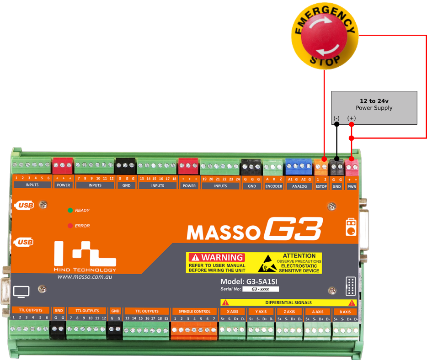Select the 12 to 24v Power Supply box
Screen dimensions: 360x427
coord(374,107)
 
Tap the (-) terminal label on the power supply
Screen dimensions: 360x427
coord(336,118)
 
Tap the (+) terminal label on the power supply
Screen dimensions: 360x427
coord(351,118)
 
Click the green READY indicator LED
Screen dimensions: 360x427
coord(70,210)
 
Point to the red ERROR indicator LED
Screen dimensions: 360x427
coord(70,226)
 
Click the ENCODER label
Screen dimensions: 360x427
coord(273,186)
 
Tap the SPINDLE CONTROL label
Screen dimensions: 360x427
coord(194,311)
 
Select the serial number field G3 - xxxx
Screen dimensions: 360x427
coord(260,289)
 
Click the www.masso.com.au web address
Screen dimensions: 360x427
coord(85,277)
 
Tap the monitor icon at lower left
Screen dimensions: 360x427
coord(21,291)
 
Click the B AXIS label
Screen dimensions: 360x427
coord(345,311)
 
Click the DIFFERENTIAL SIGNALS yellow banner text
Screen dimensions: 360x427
coord(288,302)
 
